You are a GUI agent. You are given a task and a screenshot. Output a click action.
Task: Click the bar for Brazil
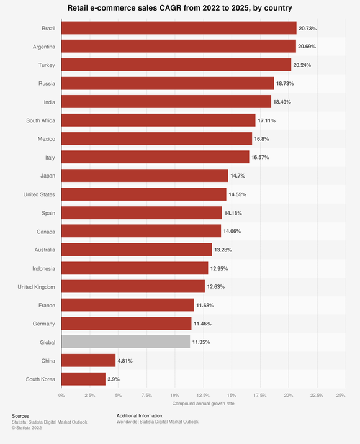tap(179, 28)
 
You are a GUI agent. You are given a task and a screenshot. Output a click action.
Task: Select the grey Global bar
tap(126, 342)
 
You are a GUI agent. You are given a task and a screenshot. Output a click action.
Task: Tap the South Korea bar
tap(83, 379)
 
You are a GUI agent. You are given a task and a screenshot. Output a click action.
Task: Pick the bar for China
tap(89, 360)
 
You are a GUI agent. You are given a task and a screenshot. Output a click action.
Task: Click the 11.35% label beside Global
tap(205, 342)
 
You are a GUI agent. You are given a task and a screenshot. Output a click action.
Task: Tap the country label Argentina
tap(43, 47)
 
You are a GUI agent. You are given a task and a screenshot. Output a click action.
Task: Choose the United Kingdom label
tap(36, 287)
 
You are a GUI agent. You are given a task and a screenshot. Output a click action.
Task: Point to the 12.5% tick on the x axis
tap(202, 395)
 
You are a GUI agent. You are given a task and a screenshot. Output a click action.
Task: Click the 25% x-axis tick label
tap(341, 395)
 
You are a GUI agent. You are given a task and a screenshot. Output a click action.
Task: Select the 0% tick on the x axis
tap(61, 395)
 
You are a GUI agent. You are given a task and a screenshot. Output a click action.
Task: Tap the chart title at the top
tap(180, 8)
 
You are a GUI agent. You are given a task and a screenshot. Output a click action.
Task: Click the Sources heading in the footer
tap(20, 415)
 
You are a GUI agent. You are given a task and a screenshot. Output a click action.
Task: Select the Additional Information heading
tap(140, 415)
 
